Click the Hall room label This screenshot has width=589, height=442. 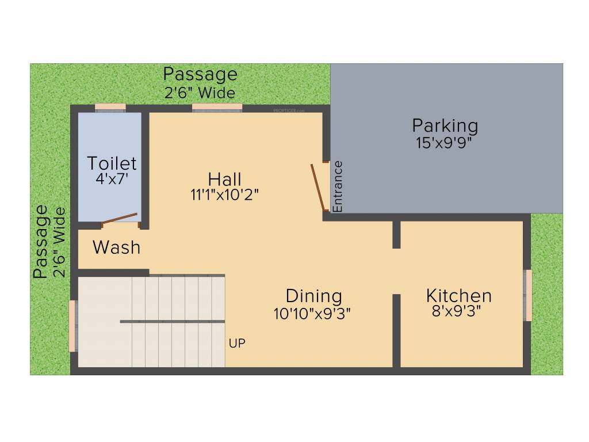point(224,179)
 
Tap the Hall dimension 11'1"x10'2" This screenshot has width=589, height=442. point(224,195)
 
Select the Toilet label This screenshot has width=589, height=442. point(112,163)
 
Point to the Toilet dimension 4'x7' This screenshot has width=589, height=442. point(112,178)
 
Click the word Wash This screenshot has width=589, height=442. point(116,247)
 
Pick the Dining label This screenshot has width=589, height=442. point(313,296)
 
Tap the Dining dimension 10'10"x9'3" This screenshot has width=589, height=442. point(312,313)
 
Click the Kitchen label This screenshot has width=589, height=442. point(458,296)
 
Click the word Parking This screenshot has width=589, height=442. point(445,125)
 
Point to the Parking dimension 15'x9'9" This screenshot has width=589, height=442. point(444,142)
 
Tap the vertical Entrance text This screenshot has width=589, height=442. point(338,186)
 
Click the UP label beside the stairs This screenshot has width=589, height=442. point(237,344)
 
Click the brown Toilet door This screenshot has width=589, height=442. point(120,219)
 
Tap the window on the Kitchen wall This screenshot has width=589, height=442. point(527,295)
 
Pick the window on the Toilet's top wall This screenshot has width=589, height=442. point(110,107)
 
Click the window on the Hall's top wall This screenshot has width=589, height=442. point(217,107)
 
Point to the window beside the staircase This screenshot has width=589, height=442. point(72,326)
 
